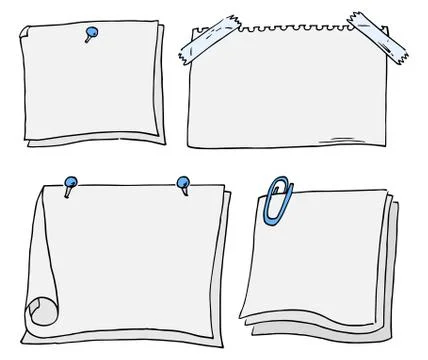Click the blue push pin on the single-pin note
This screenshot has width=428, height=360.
[91, 35]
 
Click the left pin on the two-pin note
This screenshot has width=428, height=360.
[70, 183]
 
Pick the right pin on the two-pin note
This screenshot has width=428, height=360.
[183, 183]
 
